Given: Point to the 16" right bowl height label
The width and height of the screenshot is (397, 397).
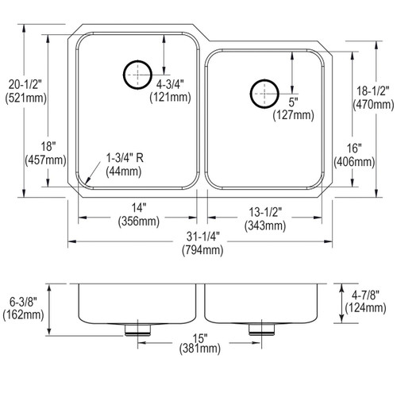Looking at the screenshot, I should [353, 148].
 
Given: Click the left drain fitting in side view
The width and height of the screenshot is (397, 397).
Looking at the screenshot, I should [140, 327].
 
